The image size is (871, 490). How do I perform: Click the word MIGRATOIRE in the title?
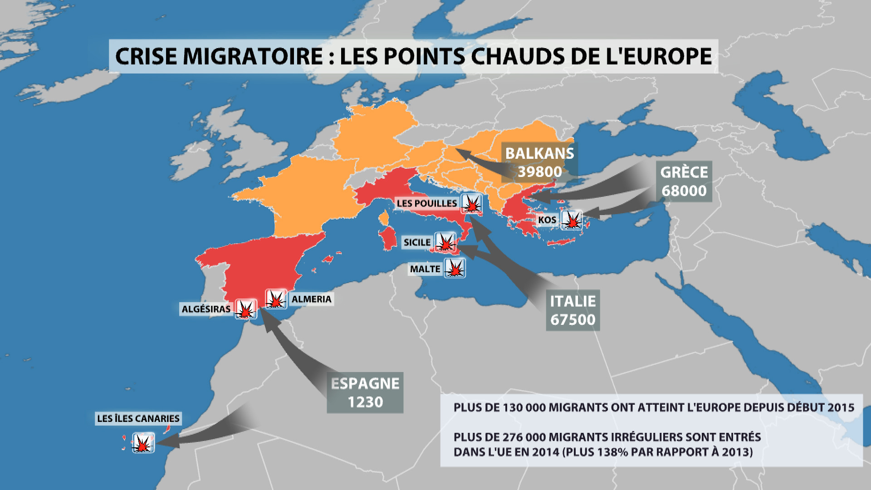(253, 56)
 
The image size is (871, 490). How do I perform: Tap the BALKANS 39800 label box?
(539, 162)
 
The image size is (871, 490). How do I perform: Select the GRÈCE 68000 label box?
(684, 181)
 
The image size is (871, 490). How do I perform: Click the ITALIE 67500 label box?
(573, 310)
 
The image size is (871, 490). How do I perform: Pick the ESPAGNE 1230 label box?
(365, 392)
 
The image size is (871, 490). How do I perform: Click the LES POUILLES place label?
(426, 203)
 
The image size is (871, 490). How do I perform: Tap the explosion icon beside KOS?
(572, 220)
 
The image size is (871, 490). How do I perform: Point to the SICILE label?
(417, 242)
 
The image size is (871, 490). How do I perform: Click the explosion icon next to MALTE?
(455, 269)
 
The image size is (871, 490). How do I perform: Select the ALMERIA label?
(311, 299)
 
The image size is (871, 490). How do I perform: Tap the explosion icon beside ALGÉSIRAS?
(246, 309)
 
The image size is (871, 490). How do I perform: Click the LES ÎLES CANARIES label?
(138, 418)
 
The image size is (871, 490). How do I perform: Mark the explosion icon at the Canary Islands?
(143, 443)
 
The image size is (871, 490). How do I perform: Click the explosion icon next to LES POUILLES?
(472, 204)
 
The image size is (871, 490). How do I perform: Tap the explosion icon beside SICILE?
(445, 242)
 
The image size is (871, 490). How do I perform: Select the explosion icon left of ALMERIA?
(276, 299)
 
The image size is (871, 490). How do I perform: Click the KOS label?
(547, 220)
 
